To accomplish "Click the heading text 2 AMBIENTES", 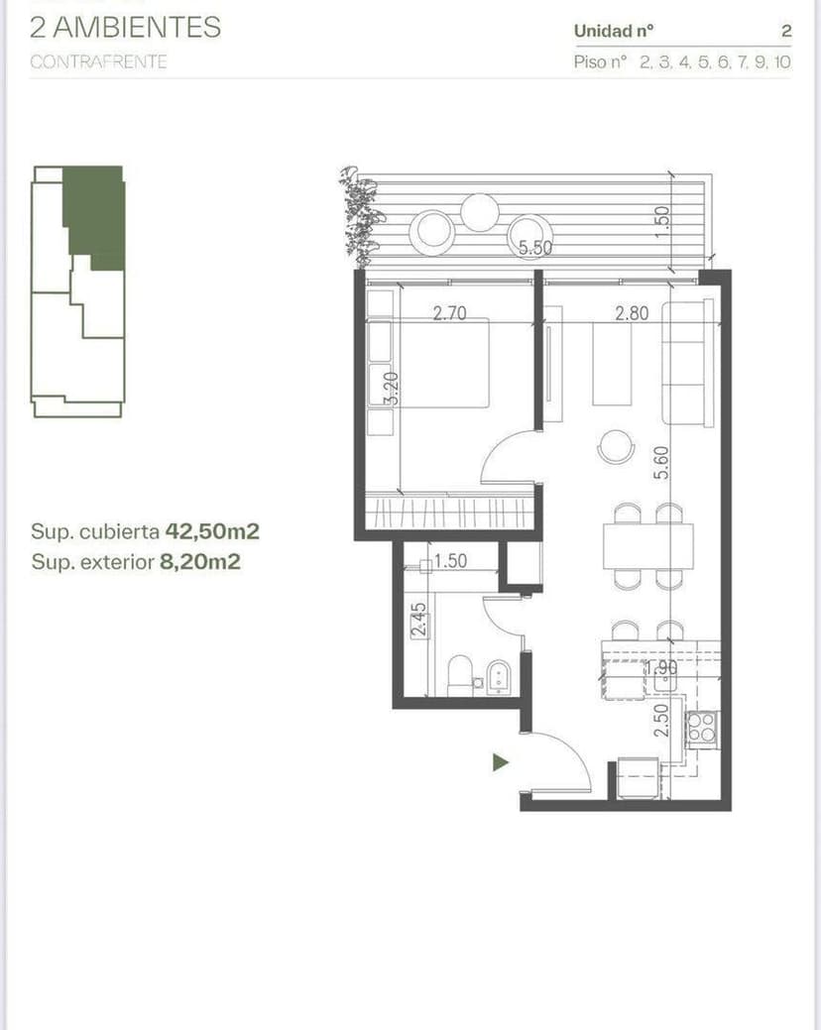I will [x=126, y=27].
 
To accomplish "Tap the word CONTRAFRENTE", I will [x=98, y=61].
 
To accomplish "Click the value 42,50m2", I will [x=212, y=531].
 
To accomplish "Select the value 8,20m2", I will [x=202, y=562].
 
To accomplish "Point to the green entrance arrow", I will [x=501, y=762].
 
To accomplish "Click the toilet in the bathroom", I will [x=461, y=675].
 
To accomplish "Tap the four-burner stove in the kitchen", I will [x=702, y=728].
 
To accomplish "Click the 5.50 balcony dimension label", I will [x=535, y=248].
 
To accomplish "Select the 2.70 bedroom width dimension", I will [x=450, y=314].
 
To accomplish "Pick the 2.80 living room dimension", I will [x=632, y=314].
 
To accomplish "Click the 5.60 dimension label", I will [x=661, y=463].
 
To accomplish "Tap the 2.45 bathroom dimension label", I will [x=418, y=621].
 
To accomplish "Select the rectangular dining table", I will [x=647, y=545].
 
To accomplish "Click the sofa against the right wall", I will [x=688, y=364].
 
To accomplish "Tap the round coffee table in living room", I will [x=616, y=446].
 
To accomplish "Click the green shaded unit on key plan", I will [x=96, y=213].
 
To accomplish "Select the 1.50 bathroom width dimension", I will [x=450, y=561].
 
